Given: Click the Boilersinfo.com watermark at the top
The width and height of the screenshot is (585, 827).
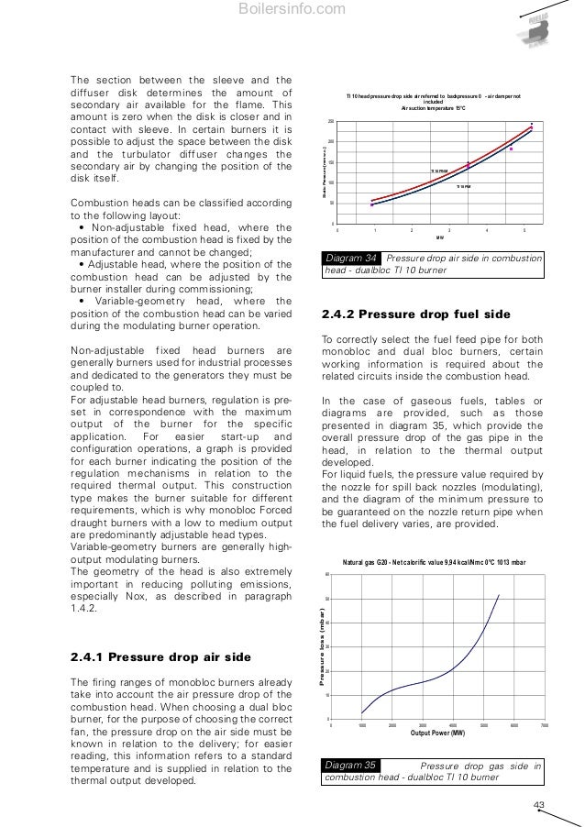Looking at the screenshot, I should coord(292,10).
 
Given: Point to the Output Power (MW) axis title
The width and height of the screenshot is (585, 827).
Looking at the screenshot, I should coord(437,733).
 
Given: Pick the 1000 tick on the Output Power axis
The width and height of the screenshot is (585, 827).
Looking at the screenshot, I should coord(361,724).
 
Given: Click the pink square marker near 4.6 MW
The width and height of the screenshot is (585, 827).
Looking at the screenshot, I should coord(512,149).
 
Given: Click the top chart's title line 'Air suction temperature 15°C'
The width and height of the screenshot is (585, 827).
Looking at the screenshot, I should coord(434,107).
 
